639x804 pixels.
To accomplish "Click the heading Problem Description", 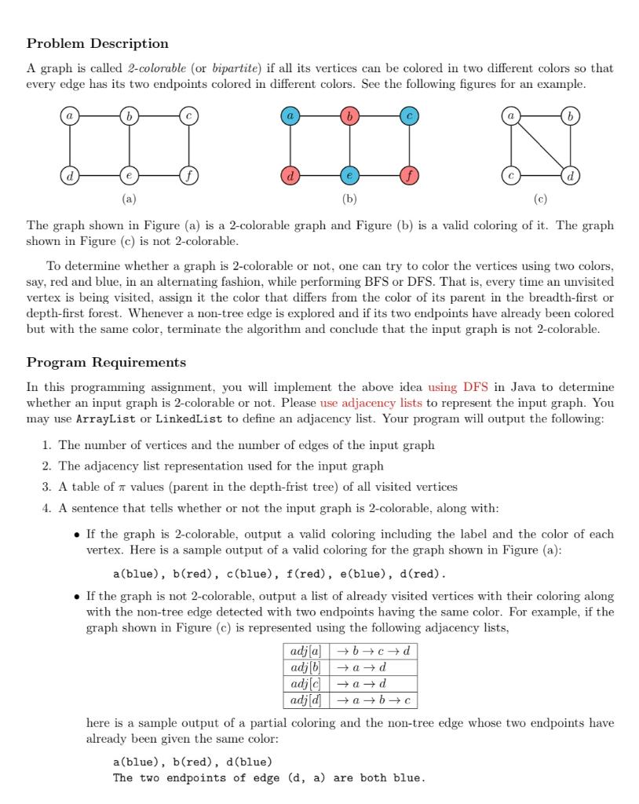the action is (97, 43).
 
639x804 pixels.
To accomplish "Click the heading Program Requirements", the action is (106, 362).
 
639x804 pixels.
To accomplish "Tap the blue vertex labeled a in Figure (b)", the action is (290, 115).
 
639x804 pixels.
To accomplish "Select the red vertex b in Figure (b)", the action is (349, 115).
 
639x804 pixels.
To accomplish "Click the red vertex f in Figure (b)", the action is (408, 174).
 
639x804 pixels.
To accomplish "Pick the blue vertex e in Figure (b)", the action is (349, 174).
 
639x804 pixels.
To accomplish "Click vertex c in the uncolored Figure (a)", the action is (188, 115).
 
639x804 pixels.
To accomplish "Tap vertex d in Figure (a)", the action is (69, 174).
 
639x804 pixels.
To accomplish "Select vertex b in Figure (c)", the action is (571, 115).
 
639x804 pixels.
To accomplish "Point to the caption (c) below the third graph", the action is (541, 199).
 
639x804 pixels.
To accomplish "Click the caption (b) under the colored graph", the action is (349, 199).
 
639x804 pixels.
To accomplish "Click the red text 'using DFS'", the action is (458, 387).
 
